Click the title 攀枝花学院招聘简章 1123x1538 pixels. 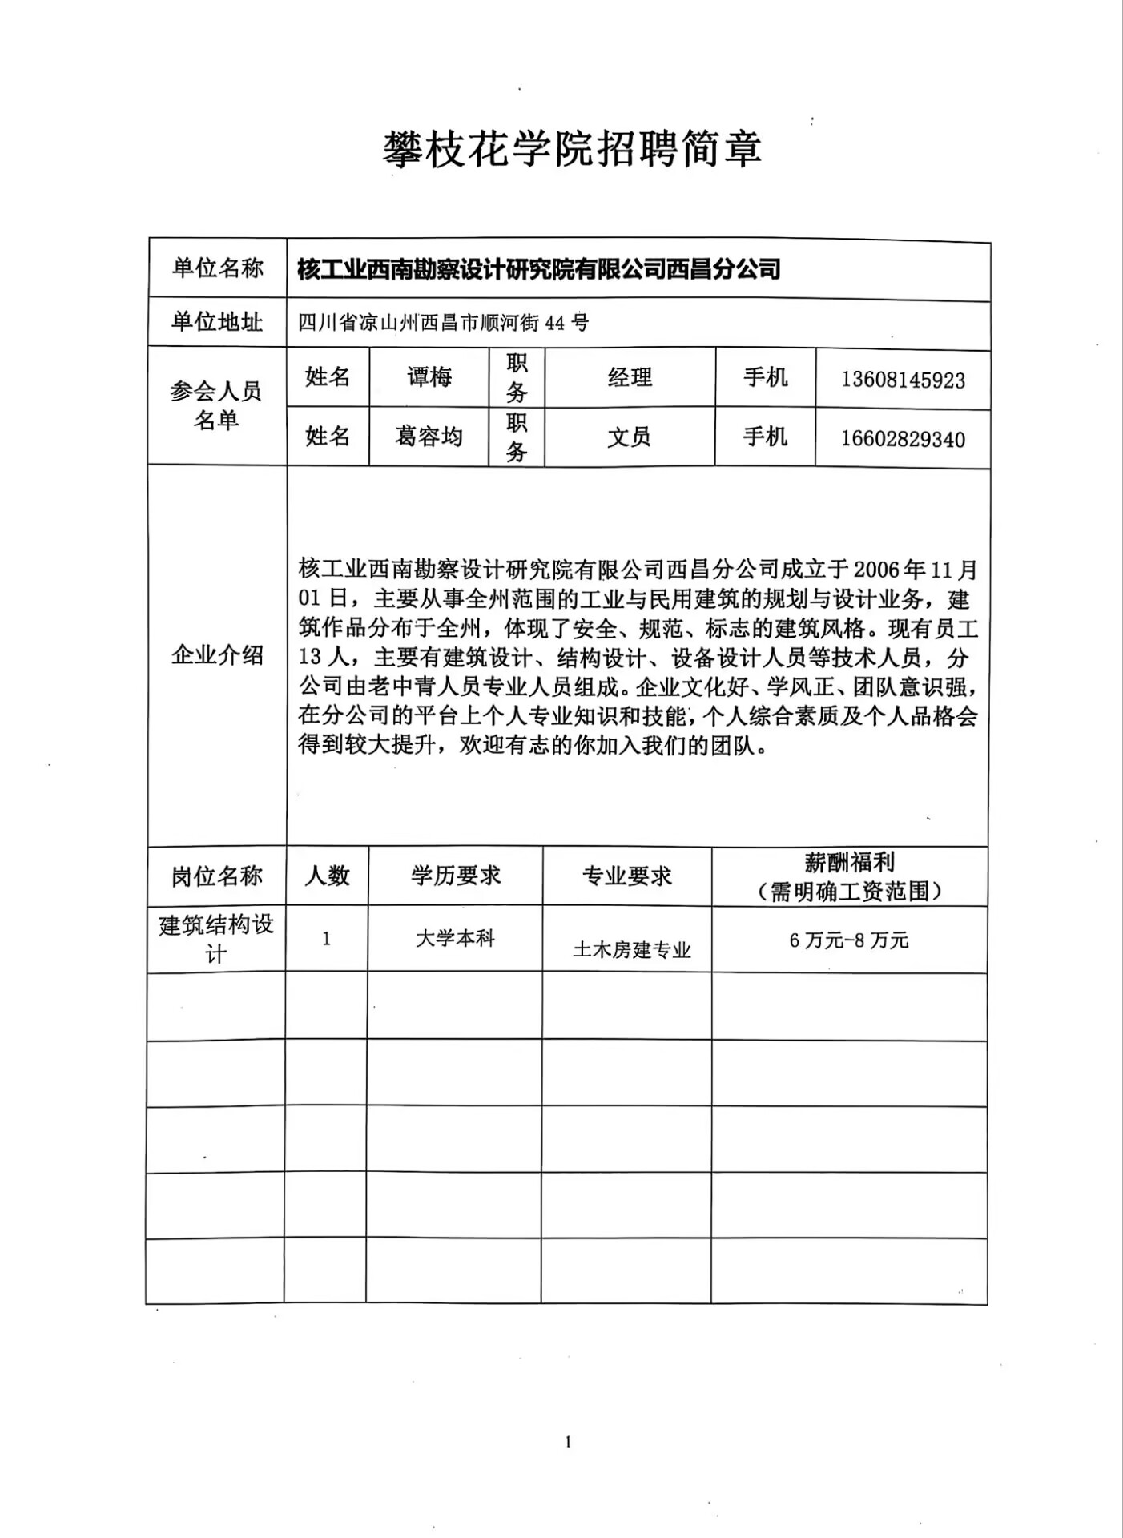pyautogui.click(x=571, y=150)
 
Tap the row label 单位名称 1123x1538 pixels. pyautogui.click(x=217, y=268)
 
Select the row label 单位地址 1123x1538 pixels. pyautogui.click(x=217, y=322)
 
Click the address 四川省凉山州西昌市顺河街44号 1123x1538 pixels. pyautogui.click(x=443, y=323)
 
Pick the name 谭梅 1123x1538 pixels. pyautogui.click(x=429, y=377)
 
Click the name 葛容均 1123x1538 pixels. pyautogui.click(x=429, y=437)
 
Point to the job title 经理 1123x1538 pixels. pyautogui.click(x=630, y=377)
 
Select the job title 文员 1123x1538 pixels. pyautogui.click(x=630, y=437)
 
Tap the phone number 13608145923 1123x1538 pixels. pyautogui.click(x=903, y=380)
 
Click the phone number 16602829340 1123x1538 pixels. pyautogui.click(x=903, y=439)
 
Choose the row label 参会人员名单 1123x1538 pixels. pyautogui.click(x=216, y=405)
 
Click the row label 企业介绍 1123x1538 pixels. pyautogui.click(x=217, y=655)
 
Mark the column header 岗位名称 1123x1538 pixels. pyautogui.click(x=217, y=876)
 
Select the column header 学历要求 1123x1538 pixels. pyautogui.click(x=456, y=876)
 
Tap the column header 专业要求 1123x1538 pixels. pyautogui.click(x=627, y=876)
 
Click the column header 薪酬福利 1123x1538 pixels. pyautogui.click(x=849, y=864)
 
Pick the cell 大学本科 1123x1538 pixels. pyautogui.click(x=455, y=939)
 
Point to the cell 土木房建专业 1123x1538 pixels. pyautogui.click(x=632, y=950)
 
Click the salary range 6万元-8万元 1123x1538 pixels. pyautogui.click(x=849, y=940)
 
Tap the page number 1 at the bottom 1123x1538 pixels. pyautogui.click(x=569, y=1443)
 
